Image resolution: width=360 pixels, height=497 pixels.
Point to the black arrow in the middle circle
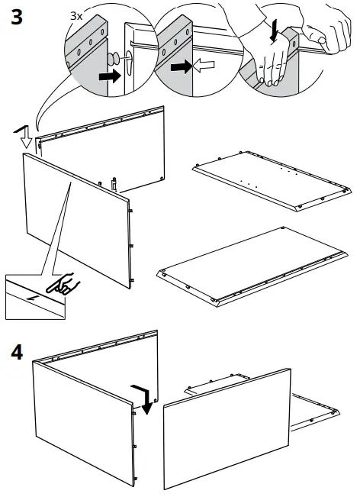coord(181,68)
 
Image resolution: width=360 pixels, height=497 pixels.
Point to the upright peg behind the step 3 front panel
coord(114,183)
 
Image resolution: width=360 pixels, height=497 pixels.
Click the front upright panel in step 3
coord(76,218)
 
